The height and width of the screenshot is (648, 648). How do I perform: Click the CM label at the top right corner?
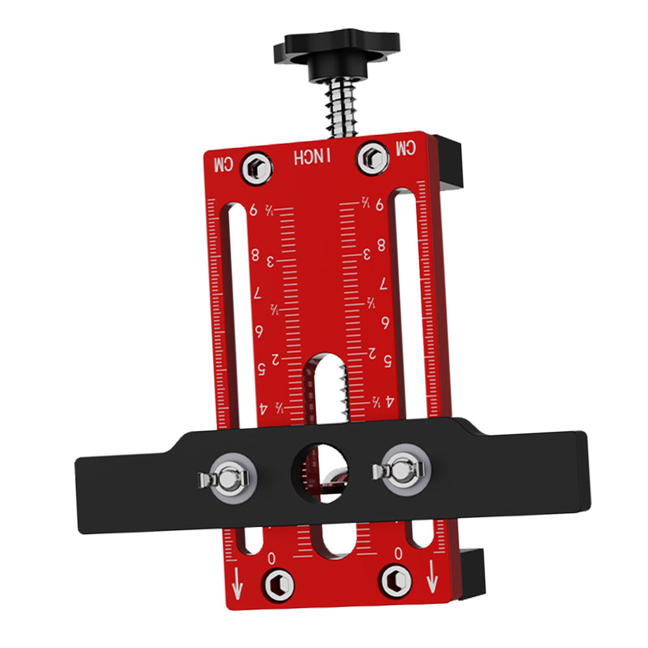tap(406, 149)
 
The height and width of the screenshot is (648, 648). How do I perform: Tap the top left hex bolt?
tap(256, 167)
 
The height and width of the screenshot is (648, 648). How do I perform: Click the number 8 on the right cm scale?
tap(382, 245)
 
